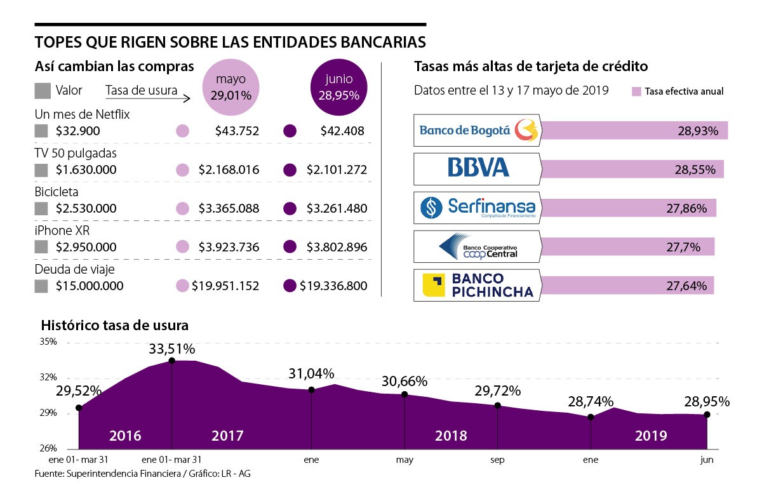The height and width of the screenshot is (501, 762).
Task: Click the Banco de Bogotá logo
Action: pos(476,130)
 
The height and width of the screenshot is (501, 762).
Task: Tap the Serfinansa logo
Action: pos(476,208)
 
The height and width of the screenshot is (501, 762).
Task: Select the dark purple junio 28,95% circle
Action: pos(338,88)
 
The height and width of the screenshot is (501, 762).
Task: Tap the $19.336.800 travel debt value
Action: pos(333,286)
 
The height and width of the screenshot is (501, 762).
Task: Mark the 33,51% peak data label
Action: pos(172,349)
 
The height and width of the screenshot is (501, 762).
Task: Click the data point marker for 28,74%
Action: pos(591,417)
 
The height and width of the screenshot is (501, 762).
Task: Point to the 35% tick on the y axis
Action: pos(49,342)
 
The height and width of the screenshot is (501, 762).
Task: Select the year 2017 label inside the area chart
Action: pos(227,436)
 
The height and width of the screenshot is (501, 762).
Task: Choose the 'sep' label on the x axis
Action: pos(497,459)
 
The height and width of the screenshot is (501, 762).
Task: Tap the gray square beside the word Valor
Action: pos(42,90)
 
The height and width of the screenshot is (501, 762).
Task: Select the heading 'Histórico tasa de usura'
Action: pos(114,326)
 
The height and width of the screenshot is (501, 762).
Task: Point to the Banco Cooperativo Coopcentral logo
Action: pos(476,246)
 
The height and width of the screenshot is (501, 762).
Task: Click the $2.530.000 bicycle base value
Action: pos(86,208)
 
